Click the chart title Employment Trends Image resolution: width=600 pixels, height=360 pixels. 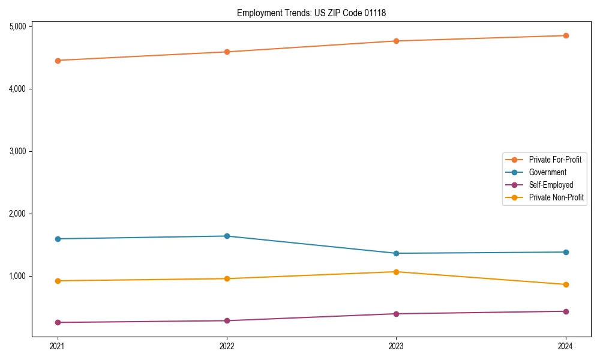(x=311, y=13)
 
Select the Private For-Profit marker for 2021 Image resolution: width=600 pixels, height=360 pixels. (x=58, y=61)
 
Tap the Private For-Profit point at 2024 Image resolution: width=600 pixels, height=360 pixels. (x=566, y=35)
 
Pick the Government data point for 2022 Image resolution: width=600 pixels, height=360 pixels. (x=227, y=236)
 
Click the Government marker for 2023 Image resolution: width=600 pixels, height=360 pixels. (x=396, y=253)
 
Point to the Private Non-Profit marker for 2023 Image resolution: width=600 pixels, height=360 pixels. (x=396, y=272)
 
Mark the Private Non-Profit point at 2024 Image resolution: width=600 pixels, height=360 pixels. (x=566, y=284)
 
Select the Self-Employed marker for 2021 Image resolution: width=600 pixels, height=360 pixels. (x=58, y=322)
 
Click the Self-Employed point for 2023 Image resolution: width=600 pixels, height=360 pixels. (x=396, y=314)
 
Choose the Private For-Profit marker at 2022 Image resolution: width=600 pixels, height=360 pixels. (x=227, y=52)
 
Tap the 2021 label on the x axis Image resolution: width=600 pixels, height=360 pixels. (x=58, y=346)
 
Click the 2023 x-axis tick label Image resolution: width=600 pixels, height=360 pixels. (x=396, y=346)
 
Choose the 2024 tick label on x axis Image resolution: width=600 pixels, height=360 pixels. (x=566, y=346)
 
